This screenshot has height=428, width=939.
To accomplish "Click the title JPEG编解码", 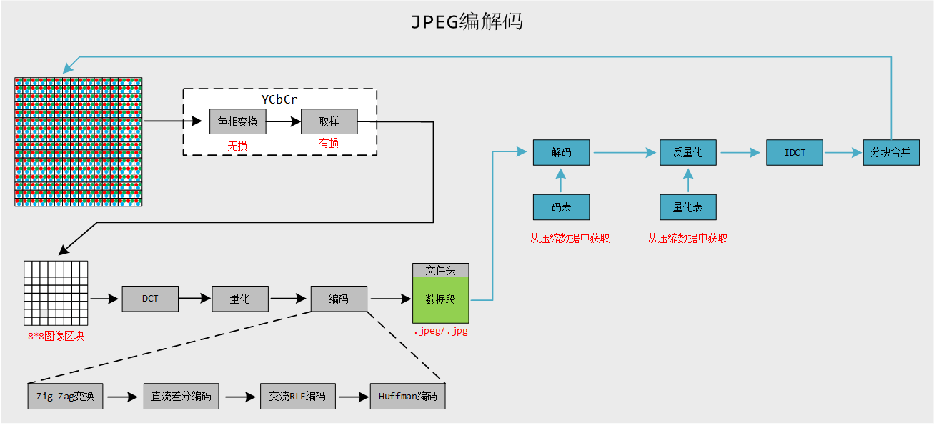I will (467, 22).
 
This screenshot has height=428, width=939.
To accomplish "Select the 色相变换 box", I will (237, 121).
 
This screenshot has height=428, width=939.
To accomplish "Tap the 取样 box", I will (329, 121).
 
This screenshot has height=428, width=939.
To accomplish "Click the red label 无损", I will (237, 145).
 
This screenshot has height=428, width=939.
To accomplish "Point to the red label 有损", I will (329, 144).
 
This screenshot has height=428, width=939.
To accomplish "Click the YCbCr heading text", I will (279, 99).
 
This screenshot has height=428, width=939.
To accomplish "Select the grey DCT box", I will (150, 299).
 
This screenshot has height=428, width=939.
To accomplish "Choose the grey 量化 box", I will (240, 299).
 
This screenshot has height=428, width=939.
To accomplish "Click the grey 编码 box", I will (339, 299).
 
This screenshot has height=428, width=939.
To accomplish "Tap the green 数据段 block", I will (440, 300).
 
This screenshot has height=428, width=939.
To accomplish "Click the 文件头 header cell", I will (440, 270).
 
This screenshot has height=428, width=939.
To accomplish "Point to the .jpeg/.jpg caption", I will (440, 332).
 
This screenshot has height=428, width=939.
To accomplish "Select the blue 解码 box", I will (561, 152).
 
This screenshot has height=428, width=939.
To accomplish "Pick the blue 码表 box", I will (561, 207).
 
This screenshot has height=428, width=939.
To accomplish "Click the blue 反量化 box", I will (687, 152).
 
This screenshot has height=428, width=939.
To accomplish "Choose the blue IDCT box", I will (795, 152).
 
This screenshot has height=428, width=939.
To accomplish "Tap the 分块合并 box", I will (890, 152).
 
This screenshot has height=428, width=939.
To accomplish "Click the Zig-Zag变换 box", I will (65, 396).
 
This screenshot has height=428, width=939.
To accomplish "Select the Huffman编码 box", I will (407, 396).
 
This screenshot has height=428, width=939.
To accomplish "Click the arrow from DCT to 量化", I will (195, 299).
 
